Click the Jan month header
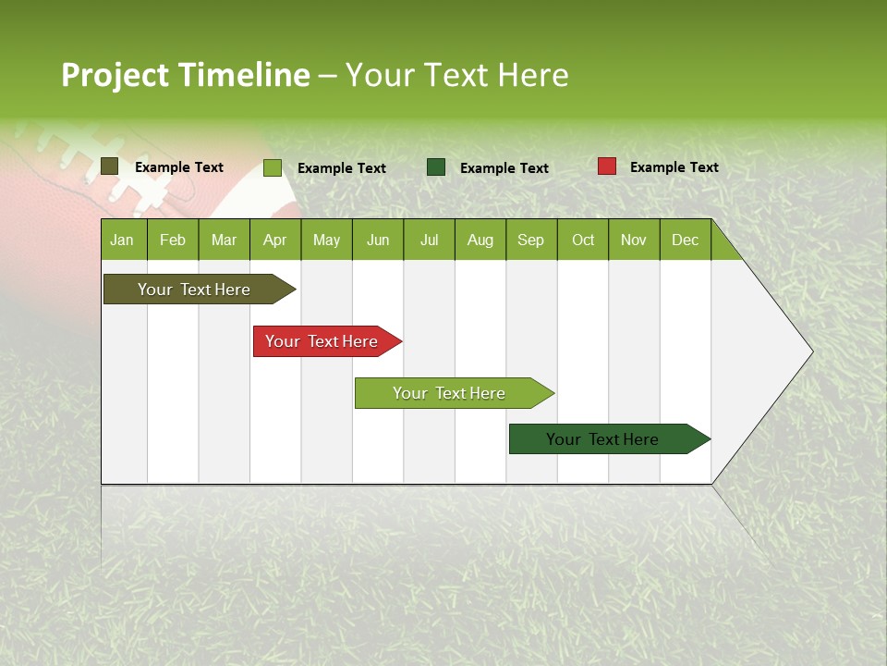(x=122, y=240)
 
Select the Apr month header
(x=274, y=240)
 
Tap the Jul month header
(x=429, y=240)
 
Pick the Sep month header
(x=530, y=240)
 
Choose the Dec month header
(x=685, y=240)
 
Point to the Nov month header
(x=633, y=240)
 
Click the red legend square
(x=606, y=166)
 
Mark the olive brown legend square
(x=109, y=166)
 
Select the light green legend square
(x=272, y=167)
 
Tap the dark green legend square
(x=436, y=167)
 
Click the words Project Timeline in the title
(x=185, y=75)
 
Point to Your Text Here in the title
(x=456, y=75)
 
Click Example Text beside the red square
(x=674, y=166)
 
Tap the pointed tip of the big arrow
(x=811, y=351)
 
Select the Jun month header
(x=377, y=240)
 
